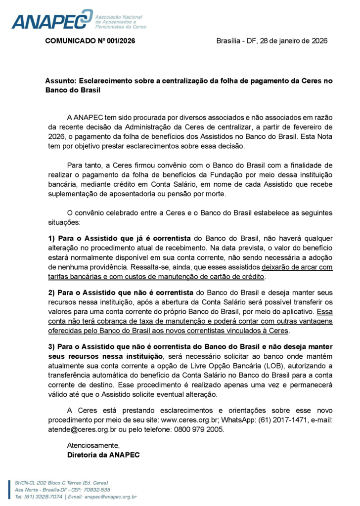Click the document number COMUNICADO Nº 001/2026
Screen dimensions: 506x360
90,41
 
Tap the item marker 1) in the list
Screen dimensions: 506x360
51,238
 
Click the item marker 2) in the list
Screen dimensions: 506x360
51,293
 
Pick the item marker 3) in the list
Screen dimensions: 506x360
51,347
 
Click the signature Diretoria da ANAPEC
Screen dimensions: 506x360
103,454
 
